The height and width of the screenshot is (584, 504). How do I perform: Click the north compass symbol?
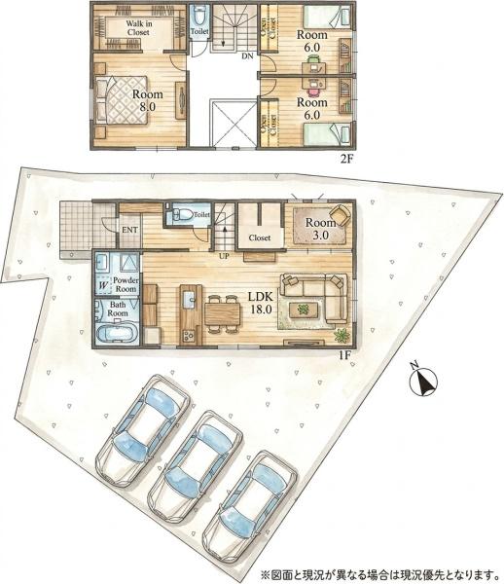pyautogui.click(x=423, y=381)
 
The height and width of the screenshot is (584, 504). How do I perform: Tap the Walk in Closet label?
pyautogui.click(x=138, y=28)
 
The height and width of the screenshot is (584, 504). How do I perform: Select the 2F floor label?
pyautogui.click(x=345, y=160)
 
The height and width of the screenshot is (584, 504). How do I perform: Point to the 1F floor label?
pyautogui.click(x=345, y=355)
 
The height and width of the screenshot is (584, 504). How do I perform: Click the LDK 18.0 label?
pyautogui.click(x=261, y=303)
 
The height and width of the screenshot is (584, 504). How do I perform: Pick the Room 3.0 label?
pyautogui.click(x=320, y=229)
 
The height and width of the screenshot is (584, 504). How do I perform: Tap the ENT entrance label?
pyautogui.click(x=129, y=230)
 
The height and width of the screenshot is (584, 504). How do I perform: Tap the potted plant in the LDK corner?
pyautogui.click(x=342, y=335)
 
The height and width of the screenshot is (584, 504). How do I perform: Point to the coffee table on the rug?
pyautogui.click(x=304, y=310)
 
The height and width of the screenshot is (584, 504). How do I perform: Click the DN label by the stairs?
pyautogui.click(x=247, y=56)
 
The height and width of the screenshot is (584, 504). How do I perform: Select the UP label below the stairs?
pyautogui.click(x=224, y=256)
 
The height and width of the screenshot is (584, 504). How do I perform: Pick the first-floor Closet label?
pyautogui.click(x=260, y=237)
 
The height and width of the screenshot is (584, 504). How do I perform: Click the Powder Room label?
pyautogui.click(x=126, y=284)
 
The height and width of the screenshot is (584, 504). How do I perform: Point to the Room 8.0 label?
pyautogui.click(x=147, y=100)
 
